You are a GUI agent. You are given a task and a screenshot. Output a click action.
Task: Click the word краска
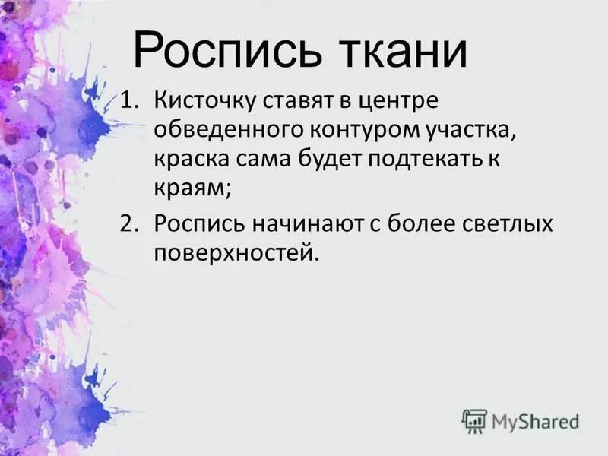pos(188,160)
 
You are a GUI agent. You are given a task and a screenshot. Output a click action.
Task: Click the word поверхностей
pos(234,254)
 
